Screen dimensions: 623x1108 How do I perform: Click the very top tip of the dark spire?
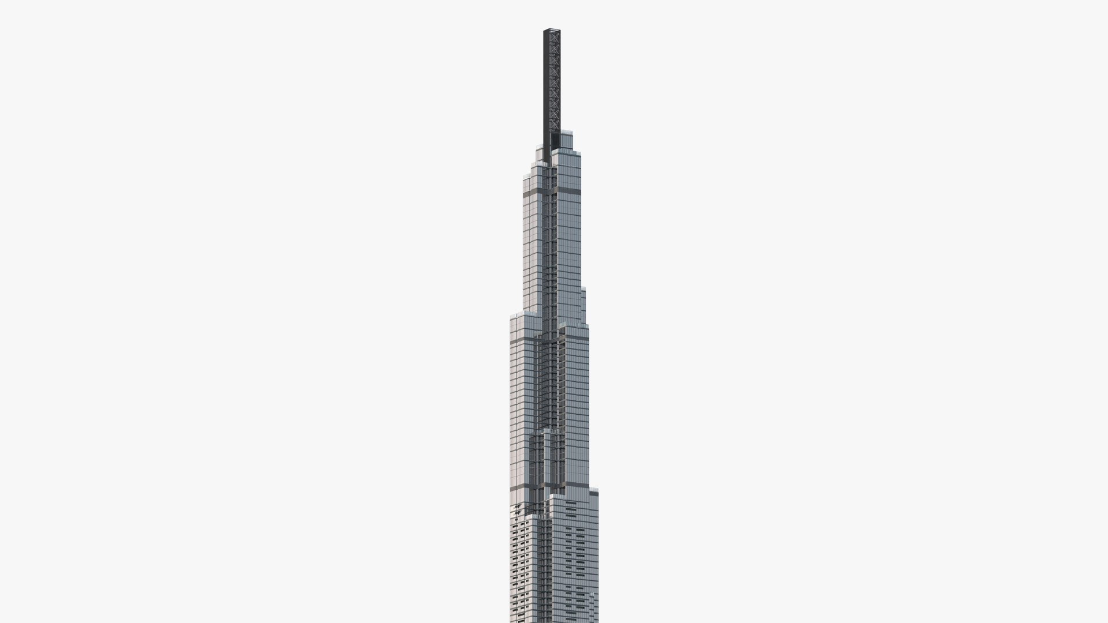point(551,29)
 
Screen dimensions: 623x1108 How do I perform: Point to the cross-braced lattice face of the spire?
point(555,81)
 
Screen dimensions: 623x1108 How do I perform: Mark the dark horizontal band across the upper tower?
point(534,197)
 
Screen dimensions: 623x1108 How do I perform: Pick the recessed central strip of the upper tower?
point(552,242)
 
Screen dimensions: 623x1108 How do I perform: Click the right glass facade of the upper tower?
point(569,242)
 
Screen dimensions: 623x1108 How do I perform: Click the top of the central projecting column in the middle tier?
point(551,431)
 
